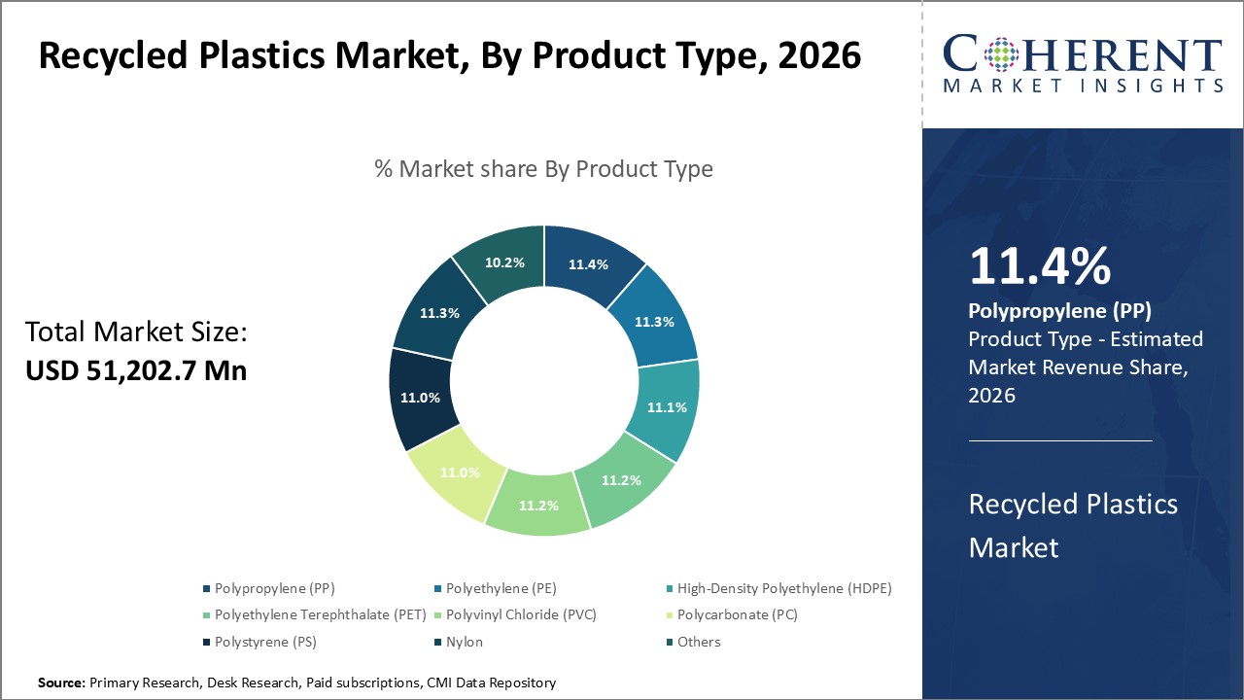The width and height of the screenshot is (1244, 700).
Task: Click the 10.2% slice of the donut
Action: (503, 262)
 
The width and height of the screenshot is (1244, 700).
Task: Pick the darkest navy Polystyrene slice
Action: (420, 398)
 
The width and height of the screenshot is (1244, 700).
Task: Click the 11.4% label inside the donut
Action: (587, 263)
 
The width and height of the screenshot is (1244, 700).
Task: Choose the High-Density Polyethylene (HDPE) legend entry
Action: (783, 588)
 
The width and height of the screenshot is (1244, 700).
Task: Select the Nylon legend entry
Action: (464, 642)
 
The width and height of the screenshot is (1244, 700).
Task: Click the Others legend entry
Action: (699, 642)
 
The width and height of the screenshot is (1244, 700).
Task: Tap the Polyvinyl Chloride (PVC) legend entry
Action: (521, 614)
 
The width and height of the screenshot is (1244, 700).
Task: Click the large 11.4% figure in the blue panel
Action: (1039, 267)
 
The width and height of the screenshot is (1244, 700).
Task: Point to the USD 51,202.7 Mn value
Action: (136, 370)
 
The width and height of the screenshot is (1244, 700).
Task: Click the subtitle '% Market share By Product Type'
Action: (543, 169)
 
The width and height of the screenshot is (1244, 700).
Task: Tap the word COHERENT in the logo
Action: (1083, 54)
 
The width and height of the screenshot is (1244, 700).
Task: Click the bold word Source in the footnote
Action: (61, 683)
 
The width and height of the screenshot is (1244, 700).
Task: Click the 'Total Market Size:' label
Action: (136, 332)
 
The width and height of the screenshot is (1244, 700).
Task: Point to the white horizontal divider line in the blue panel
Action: (1059, 440)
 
